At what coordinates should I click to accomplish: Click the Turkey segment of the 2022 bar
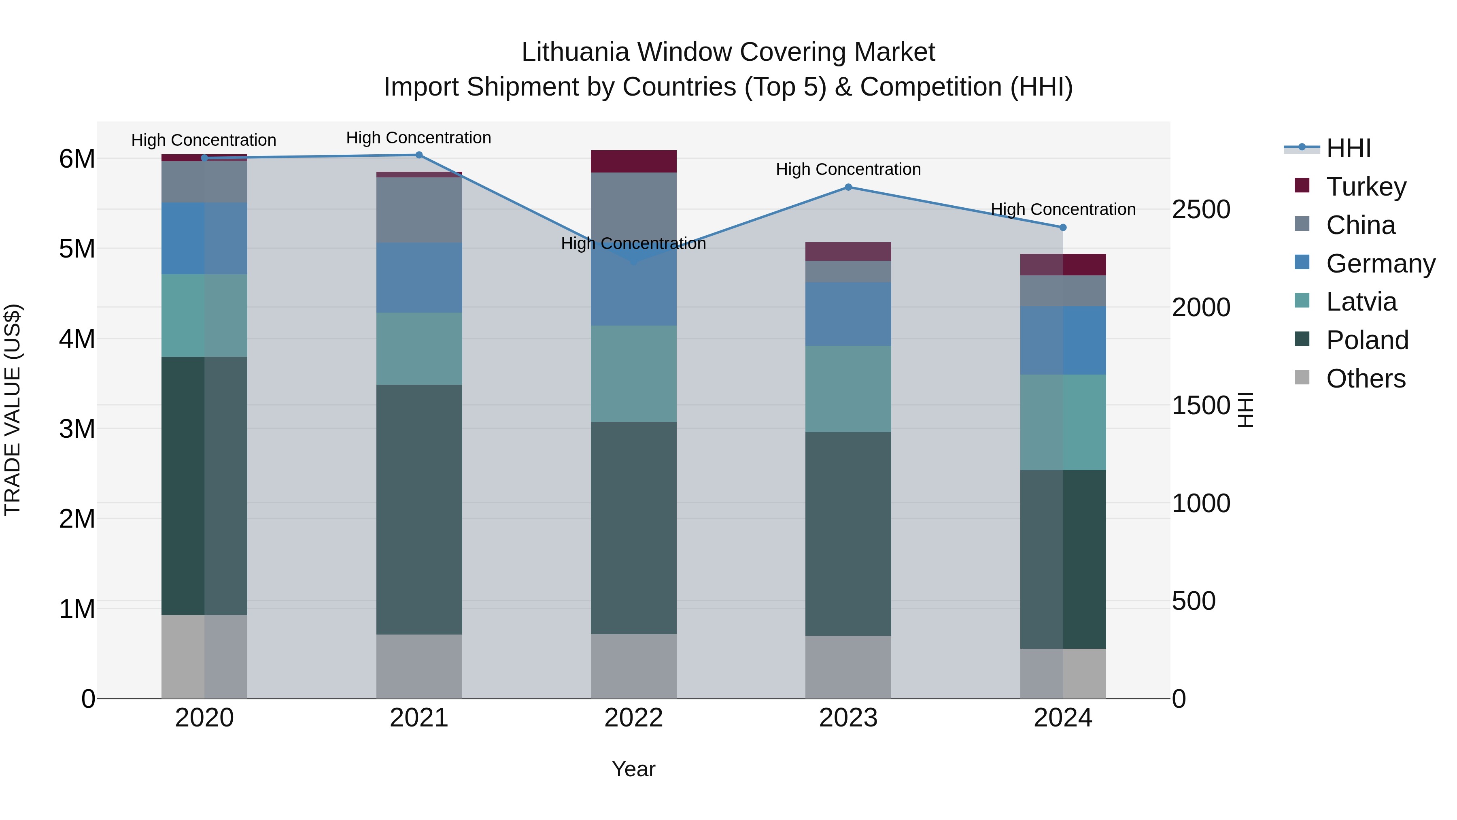click(633, 161)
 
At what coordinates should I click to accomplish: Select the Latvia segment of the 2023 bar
click(848, 389)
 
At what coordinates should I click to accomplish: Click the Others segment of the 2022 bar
click(633, 666)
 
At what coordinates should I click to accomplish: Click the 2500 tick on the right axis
click(1201, 209)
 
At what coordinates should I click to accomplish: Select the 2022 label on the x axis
click(633, 718)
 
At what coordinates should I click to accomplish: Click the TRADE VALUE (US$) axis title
click(13, 410)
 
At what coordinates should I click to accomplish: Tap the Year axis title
click(633, 769)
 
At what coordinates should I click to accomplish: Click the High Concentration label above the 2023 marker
click(848, 169)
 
